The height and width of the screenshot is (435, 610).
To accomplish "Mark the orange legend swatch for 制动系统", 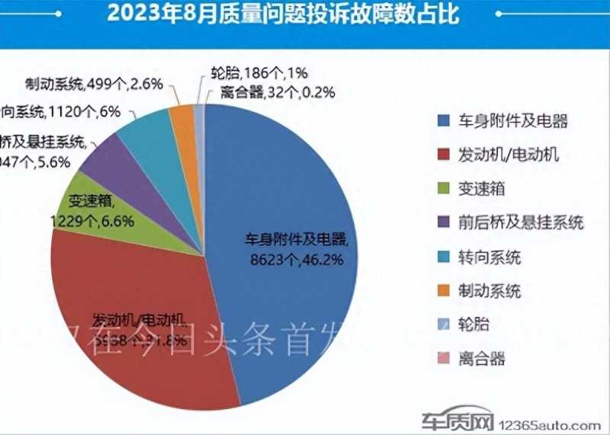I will click(x=443, y=291).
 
